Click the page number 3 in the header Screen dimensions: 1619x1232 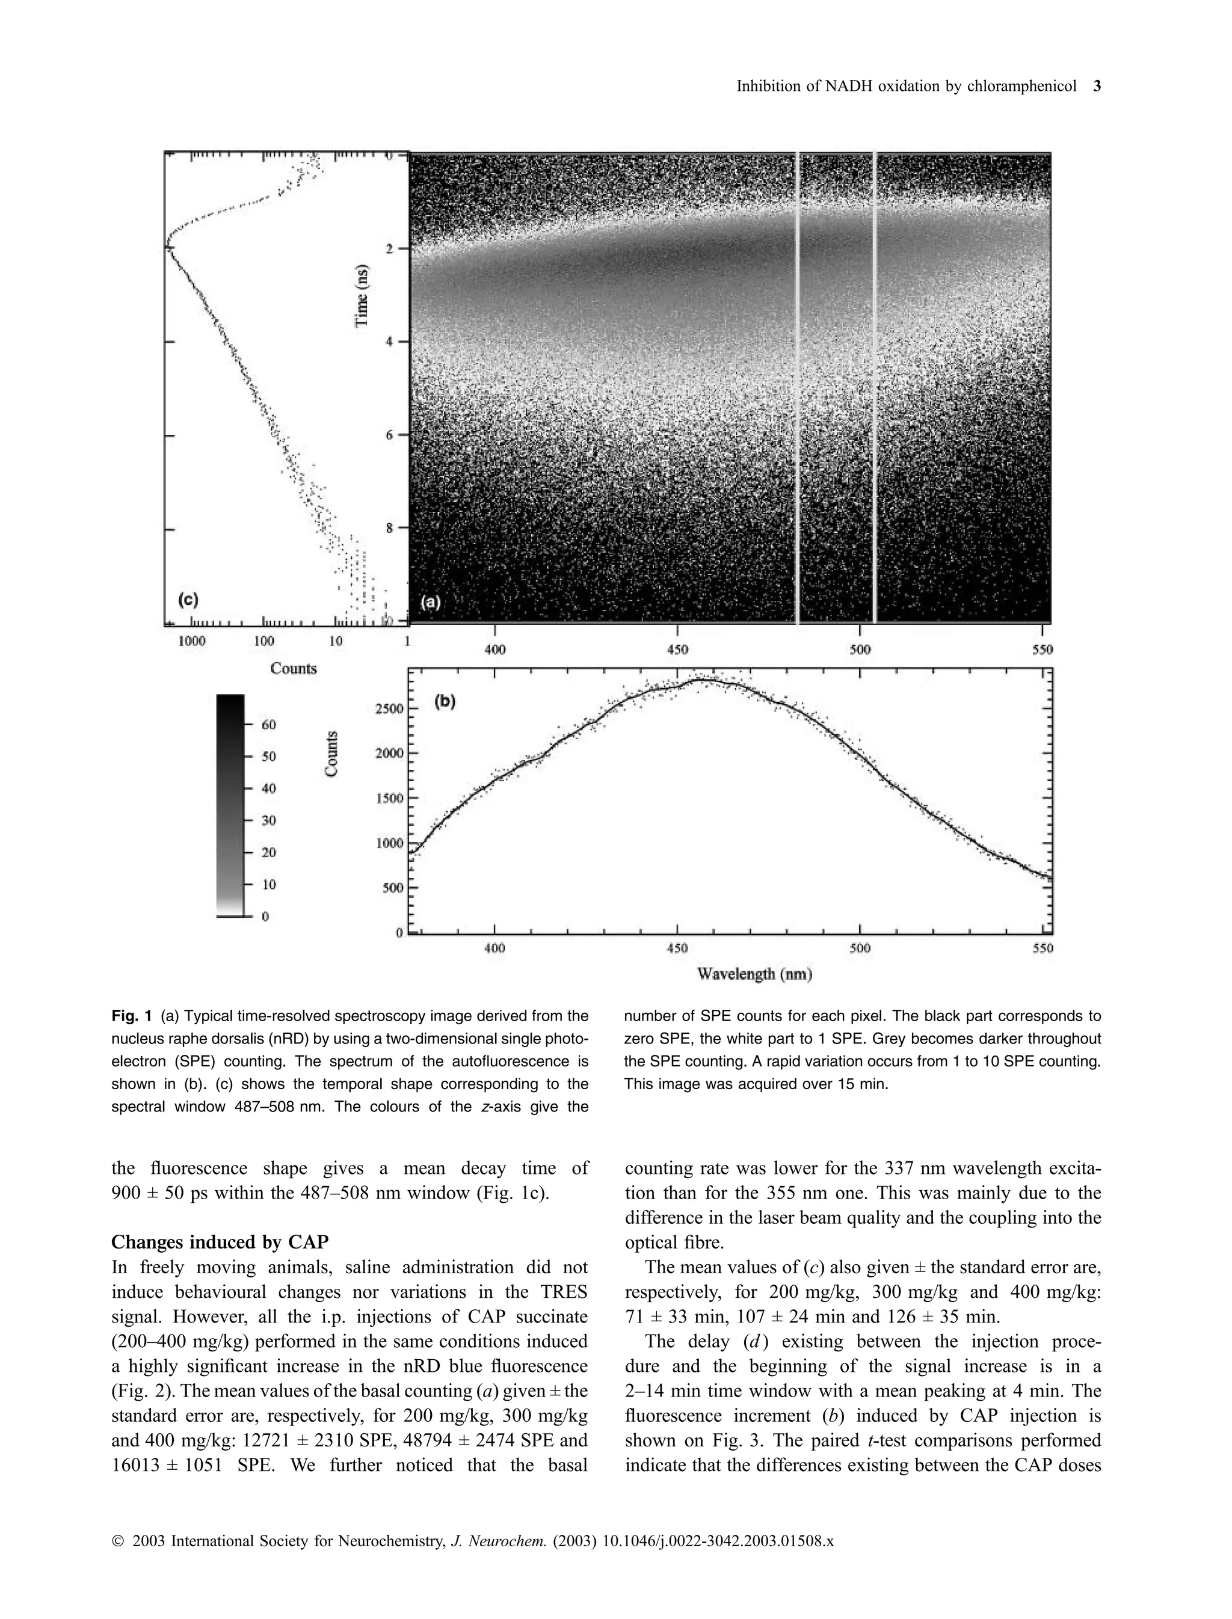pyautogui.click(x=1097, y=87)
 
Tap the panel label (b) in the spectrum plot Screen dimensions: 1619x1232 pyautogui.click(x=445, y=701)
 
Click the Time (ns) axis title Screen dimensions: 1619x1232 pyautogui.click(x=362, y=295)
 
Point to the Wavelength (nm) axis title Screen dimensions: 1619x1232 pyautogui.click(x=754, y=974)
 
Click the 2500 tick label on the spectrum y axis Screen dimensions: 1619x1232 pyautogui.click(x=389, y=708)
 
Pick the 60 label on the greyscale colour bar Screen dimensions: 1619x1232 pyautogui.click(x=268, y=725)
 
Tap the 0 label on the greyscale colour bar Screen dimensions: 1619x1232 pyautogui.click(x=265, y=916)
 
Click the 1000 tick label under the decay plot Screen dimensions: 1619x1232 pyautogui.click(x=192, y=641)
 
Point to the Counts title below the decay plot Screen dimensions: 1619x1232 pyautogui.click(x=294, y=668)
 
